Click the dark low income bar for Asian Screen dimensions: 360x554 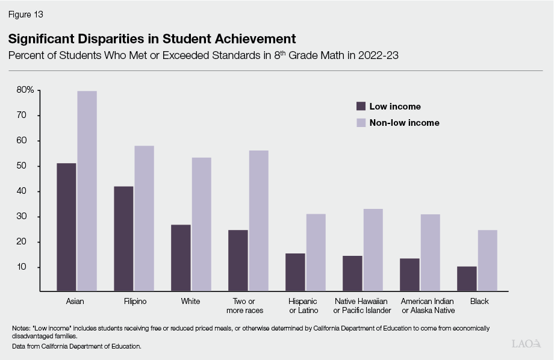pyautogui.click(x=66, y=227)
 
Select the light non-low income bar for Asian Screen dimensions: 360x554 pyautogui.click(x=87, y=191)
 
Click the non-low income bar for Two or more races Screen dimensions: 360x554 pyautogui.click(x=258, y=220)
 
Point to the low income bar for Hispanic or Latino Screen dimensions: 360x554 pyautogui.click(x=295, y=272)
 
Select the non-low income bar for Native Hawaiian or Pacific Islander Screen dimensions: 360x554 pyautogui.click(x=373, y=250)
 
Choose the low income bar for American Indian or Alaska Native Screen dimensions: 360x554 pyautogui.click(x=409, y=275)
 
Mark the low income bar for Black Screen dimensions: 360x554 pyautogui.click(x=467, y=279)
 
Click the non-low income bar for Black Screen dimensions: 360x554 pyautogui.click(x=487, y=260)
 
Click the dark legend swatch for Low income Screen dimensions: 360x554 pyautogui.click(x=361, y=106)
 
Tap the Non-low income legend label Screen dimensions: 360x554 pyautogui.click(x=404, y=122)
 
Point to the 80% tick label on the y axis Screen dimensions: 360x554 pyautogui.click(x=25, y=90)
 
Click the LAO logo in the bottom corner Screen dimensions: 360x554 pyautogui.click(x=526, y=344)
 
